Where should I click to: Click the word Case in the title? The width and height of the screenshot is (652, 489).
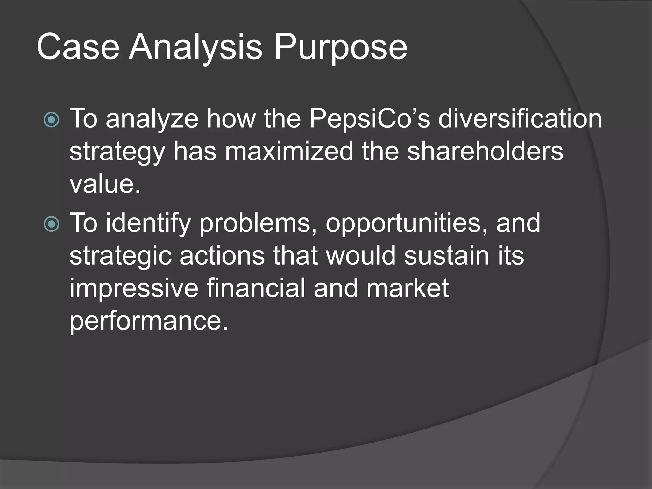pyautogui.click(x=78, y=47)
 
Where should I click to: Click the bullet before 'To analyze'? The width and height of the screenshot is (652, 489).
pyautogui.click(x=51, y=120)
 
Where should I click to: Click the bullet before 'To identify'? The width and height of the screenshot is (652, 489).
pyautogui.click(x=51, y=224)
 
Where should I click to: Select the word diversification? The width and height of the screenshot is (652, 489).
pyautogui.click(x=520, y=118)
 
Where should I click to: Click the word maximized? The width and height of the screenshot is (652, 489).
pyautogui.click(x=289, y=151)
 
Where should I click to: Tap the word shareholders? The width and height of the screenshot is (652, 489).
pyautogui.click(x=485, y=151)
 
